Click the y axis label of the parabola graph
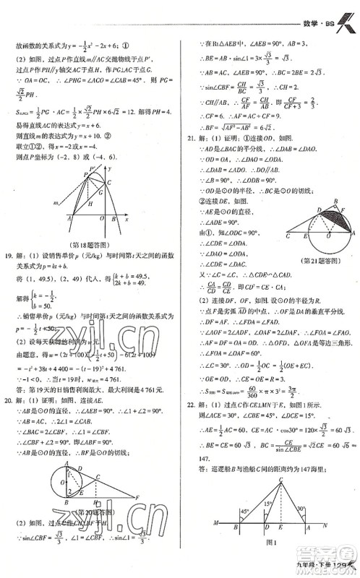pyautogui.click(x=115, y=168)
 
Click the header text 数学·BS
pyautogui.click(x=313, y=11)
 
